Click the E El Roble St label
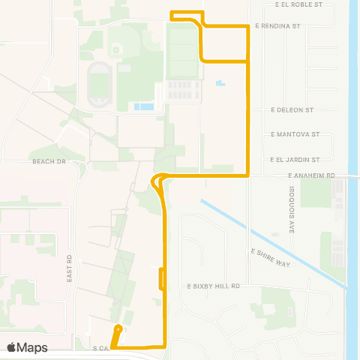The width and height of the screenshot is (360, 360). [x=298, y=4]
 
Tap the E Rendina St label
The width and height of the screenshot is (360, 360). [x=277, y=25]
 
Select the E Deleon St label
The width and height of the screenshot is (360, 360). [x=292, y=109]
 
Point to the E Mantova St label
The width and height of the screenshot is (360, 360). [x=295, y=134]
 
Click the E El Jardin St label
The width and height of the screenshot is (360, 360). [x=295, y=159]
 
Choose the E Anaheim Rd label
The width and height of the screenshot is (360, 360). [x=312, y=175]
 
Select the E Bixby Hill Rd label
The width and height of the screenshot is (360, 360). [x=213, y=286]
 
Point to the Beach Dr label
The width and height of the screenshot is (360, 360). [x=49, y=161]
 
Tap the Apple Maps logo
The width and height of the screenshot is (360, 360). [x=27, y=347]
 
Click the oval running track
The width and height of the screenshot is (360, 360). [x=99, y=85]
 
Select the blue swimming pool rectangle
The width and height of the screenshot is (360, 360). [x=144, y=106]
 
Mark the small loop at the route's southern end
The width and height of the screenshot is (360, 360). [x=117, y=333]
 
